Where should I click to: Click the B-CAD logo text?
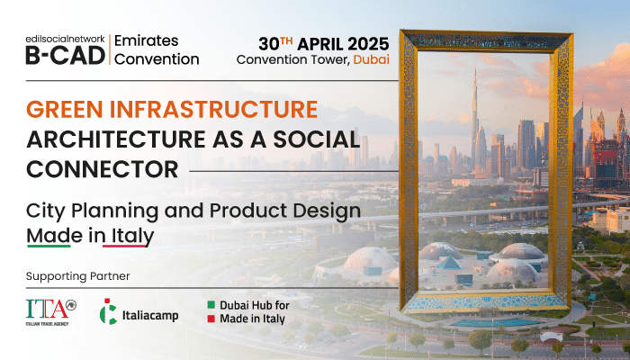pos(66,56)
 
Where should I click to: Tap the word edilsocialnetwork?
pos(66,40)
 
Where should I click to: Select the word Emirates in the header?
pos(146,40)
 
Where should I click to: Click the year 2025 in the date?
pos(368,44)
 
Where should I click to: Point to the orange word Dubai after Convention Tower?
pos(371,59)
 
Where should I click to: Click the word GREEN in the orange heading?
pos(65,109)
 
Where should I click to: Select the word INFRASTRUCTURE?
pos(214,109)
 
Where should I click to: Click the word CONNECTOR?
pos(103,169)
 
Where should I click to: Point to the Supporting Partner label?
pos(78,276)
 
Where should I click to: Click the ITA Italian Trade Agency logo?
pos(51,312)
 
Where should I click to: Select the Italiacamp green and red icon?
pos(108,311)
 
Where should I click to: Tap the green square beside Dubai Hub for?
pos(211,305)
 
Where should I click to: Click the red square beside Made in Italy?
pos(211,319)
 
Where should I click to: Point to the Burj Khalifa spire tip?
pos(475,69)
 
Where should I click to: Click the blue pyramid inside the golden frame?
pos(449,264)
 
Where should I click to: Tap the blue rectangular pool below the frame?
pos(496,322)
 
